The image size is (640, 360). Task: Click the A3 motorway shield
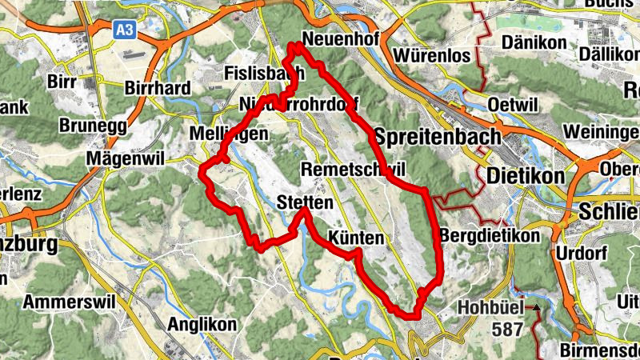[x=124, y=30]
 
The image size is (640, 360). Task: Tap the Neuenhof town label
[x=334, y=46]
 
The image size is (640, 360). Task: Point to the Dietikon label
[x=526, y=174]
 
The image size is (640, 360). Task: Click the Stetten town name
[x=305, y=202]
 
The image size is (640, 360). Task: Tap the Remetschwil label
[x=354, y=169]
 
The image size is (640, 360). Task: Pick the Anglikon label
[x=202, y=325]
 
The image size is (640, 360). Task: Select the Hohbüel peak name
[x=490, y=307]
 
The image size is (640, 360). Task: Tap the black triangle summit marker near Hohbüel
[x=537, y=306]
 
